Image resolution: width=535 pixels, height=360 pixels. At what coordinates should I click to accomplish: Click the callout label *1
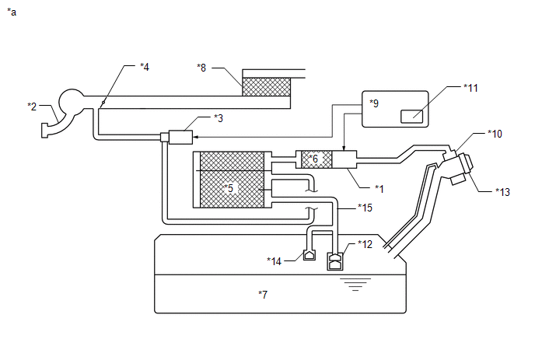[x=380, y=188]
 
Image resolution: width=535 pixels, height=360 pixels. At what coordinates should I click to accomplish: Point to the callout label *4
[x=145, y=67]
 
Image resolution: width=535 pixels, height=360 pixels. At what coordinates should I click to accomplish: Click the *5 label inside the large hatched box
[x=229, y=187]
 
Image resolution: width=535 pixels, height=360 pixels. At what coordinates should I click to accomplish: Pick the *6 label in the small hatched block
[x=314, y=159]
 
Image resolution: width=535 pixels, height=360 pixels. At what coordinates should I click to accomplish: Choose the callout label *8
[x=202, y=67]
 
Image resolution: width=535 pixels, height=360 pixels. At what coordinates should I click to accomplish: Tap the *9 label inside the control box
[x=374, y=102]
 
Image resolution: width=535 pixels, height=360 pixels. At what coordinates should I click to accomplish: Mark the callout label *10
[x=495, y=134]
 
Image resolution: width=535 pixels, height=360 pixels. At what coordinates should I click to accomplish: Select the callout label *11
[x=470, y=88]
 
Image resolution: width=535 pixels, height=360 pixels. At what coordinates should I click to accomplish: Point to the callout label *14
[x=274, y=260]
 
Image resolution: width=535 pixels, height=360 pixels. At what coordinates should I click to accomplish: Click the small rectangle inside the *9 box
[x=412, y=116]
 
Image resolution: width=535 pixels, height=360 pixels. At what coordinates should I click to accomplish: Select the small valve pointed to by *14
[x=309, y=253]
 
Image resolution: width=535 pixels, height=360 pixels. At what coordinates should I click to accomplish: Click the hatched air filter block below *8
[x=267, y=86]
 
